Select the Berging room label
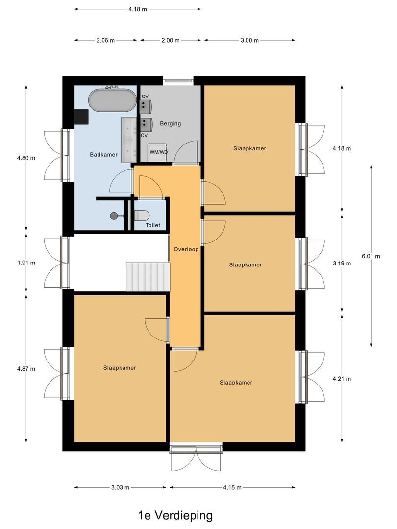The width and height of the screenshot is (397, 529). coord(170,123)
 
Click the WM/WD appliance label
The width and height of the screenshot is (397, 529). coord(158,152)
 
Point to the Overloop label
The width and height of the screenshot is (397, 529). coord(186,249)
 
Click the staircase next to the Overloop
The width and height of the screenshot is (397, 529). coord(147,277)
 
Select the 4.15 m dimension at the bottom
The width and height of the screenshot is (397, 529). coord(232,487)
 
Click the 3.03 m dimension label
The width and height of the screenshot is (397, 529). coord(120,487)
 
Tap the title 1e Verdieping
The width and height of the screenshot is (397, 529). coord(175,515)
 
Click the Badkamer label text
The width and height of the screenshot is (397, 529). coord(103,155)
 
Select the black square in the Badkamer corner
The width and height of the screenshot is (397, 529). coord(81,116)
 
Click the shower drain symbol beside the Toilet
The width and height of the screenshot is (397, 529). coord(115,215)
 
